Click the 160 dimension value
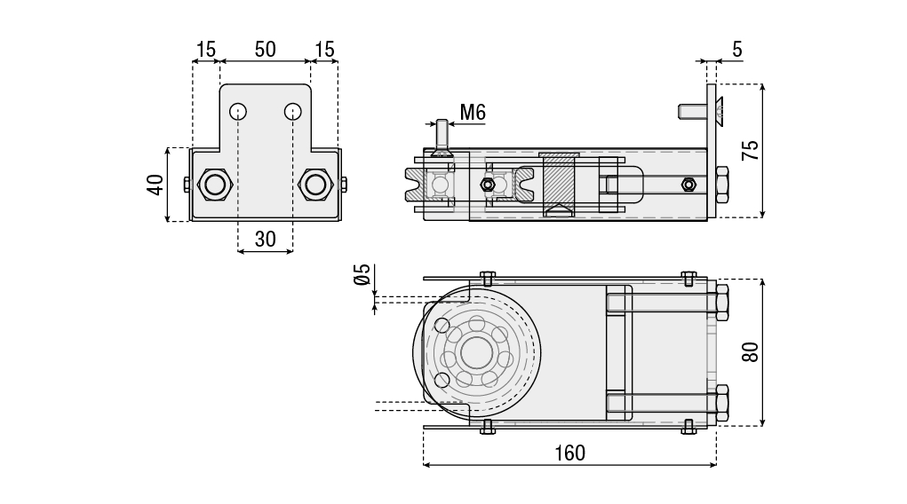pyautogui.click(x=569, y=453)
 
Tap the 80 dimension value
pyautogui.click(x=752, y=351)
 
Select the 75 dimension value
pyautogui.click(x=752, y=150)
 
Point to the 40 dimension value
pyautogui.click(x=155, y=185)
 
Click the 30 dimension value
pyautogui.click(x=265, y=239)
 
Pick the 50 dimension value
pyautogui.click(x=265, y=50)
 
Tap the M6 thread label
pyautogui.click(x=473, y=112)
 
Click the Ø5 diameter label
pyautogui.click(x=362, y=275)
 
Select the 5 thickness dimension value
pyautogui.click(x=737, y=50)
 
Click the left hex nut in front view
pyautogui.click(x=214, y=185)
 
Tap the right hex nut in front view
pyautogui.click(x=314, y=185)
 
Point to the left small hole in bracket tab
pyautogui.click(x=237, y=112)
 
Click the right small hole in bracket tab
pyautogui.click(x=292, y=112)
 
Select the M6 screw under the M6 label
pyautogui.click(x=441, y=138)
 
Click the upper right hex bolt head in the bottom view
pyautogui.click(x=720, y=303)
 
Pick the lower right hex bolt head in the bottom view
pyautogui.click(x=720, y=403)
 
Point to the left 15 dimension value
pyautogui.click(x=206, y=50)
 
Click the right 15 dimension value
pyautogui.click(x=325, y=50)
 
